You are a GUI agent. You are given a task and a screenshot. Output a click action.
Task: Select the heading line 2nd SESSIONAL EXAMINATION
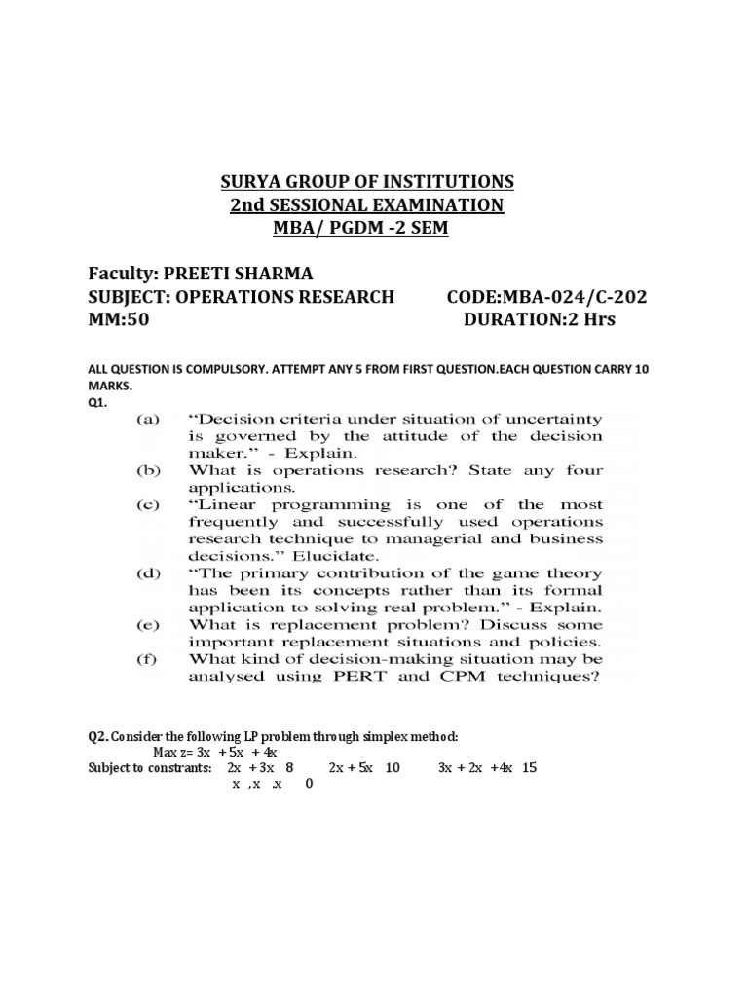point(366,205)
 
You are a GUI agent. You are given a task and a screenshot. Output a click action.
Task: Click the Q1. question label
point(97,401)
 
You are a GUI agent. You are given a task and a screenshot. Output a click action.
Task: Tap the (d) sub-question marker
point(148,573)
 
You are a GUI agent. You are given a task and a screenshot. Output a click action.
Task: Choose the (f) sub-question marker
point(148,659)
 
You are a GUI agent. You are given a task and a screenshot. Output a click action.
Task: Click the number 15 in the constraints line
point(529,768)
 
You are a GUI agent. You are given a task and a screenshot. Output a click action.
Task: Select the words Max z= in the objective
point(174,753)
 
